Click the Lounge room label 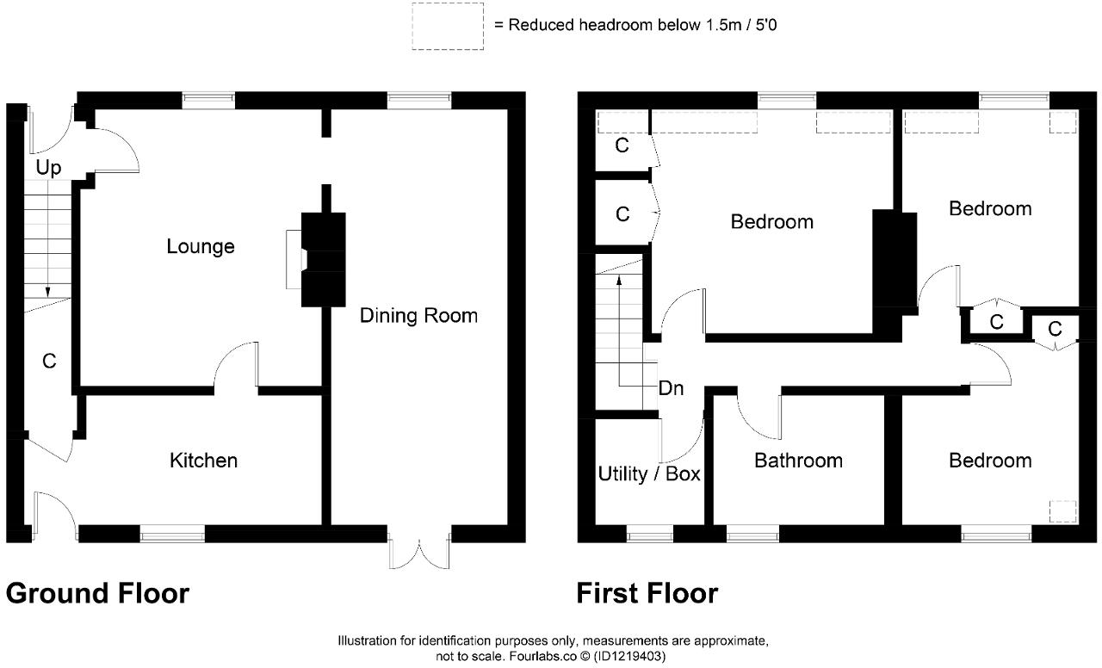200,247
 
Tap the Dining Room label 418,316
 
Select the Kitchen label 203,461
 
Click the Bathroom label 798,461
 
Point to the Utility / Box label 649,474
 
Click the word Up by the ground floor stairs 49,168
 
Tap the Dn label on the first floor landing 671,388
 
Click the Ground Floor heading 97,594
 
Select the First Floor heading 647,594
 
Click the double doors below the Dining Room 419,551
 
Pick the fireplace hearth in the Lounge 294,259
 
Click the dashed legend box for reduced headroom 447,27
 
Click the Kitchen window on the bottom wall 172,535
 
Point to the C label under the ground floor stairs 49,362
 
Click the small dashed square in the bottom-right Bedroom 1062,511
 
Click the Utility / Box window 649,535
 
